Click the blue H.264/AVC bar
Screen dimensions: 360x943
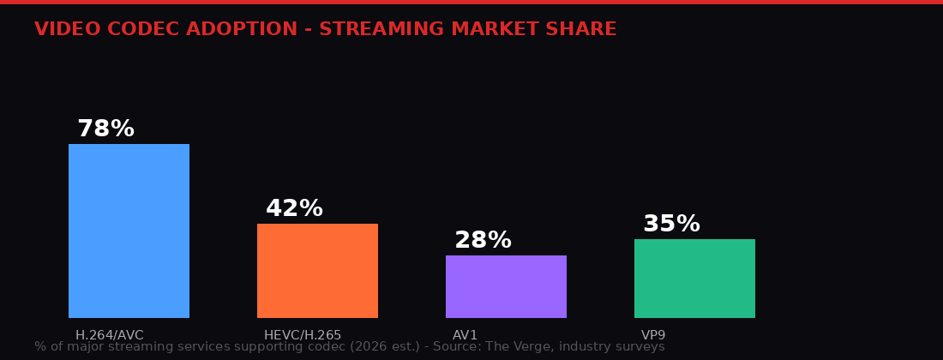tap(129, 231)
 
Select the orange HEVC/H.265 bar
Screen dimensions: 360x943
tap(317, 271)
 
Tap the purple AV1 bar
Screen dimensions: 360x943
tap(506, 286)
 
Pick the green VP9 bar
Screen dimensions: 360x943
tap(694, 279)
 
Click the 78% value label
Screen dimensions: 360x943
tap(105, 129)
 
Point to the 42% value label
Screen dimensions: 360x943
tap(294, 209)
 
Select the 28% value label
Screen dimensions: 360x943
tap(483, 241)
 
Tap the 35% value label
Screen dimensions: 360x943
tap(671, 225)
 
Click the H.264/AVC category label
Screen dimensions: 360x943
tap(110, 335)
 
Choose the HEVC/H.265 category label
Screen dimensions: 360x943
tap(303, 335)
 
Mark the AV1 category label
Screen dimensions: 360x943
tap(465, 335)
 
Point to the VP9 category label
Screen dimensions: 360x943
tap(653, 335)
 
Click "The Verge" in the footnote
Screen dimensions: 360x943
tap(518, 347)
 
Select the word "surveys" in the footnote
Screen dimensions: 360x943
tap(640, 347)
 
